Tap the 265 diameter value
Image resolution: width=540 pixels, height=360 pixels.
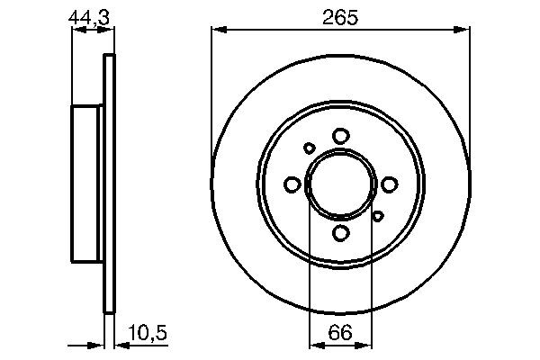pyautogui.click(x=340, y=15)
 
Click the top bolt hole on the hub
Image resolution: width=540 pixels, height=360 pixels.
pyautogui.click(x=340, y=136)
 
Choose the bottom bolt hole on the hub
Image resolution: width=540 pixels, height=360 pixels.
pyautogui.click(x=340, y=233)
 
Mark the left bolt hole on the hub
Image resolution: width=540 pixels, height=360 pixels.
pyautogui.click(x=292, y=184)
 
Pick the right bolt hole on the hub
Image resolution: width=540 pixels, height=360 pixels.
pyautogui.click(x=389, y=184)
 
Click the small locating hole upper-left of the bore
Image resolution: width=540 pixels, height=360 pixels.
pyautogui.click(x=310, y=148)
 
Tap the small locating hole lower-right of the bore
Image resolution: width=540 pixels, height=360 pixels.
pyautogui.click(x=378, y=214)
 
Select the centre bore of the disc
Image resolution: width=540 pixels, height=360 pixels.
pyautogui.click(x=340, y=184)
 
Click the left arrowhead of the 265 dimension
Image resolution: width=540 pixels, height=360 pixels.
pyautogui.click(x=216, y=31)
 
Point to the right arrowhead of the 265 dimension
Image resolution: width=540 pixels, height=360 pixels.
pyautogui.click(x=465, y=31)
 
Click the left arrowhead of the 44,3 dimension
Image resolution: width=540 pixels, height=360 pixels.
pyautogui.click(x=76, y=31)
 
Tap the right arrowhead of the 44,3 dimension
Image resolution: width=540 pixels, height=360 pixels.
pyautogui.click(x=111, y=31)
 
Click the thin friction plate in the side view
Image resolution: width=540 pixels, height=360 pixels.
pyautogui.click(x=111, y=184)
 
